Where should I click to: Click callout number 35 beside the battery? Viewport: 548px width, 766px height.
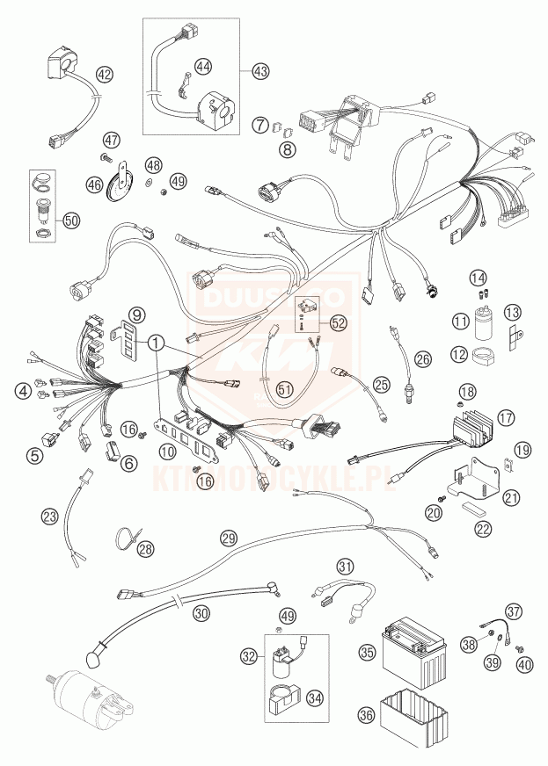[x=368, y=652]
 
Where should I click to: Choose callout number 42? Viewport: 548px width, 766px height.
[x=105, y=75]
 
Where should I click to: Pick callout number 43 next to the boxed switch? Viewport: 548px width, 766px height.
[x=259, y=71]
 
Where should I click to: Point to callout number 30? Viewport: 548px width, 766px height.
[x=201, y=612]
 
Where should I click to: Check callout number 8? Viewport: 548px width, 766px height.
[x=289, y=148]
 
